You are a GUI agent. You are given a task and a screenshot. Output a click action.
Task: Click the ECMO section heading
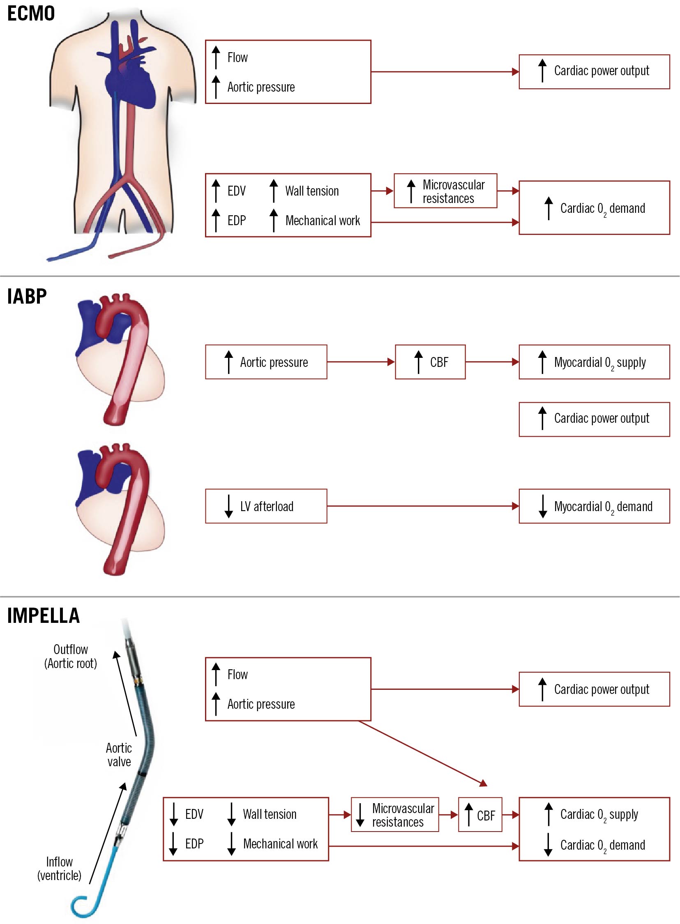click(x=31, y=13)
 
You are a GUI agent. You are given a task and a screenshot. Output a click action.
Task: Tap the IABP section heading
click(x=27, y=296)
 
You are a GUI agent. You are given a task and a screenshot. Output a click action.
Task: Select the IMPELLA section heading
click(x=43, y=616)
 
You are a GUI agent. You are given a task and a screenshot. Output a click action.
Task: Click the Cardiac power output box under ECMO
click(x=595, y=71)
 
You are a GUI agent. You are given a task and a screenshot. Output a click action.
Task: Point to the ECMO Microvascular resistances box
click(x=445, y=191)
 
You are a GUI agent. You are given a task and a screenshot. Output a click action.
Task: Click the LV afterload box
click(x=266, y=506)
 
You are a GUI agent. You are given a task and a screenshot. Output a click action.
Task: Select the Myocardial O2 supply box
click(x=595, y=362)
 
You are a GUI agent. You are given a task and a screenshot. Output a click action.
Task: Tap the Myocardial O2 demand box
click(x=595, y=506)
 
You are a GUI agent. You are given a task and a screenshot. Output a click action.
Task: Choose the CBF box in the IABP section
click(x=430, y=362)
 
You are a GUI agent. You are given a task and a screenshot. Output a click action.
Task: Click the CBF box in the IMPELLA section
click(x=480, y=815)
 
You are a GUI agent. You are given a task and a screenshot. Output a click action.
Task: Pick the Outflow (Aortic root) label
click(x=71, y=657)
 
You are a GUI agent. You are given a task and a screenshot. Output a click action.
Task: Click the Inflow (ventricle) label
click(x=59, y=869)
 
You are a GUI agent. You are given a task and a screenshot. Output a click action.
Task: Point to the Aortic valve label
click(x=119, y=755)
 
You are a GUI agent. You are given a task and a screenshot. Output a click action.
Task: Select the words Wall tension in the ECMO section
click(x=312, y=191)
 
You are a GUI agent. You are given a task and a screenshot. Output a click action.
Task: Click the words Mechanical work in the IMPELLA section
click(x=280, y=844)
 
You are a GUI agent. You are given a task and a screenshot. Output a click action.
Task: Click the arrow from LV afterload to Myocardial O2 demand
click(x=423, y=506)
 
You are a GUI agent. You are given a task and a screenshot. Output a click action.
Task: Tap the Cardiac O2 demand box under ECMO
click(x=595, y=208)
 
